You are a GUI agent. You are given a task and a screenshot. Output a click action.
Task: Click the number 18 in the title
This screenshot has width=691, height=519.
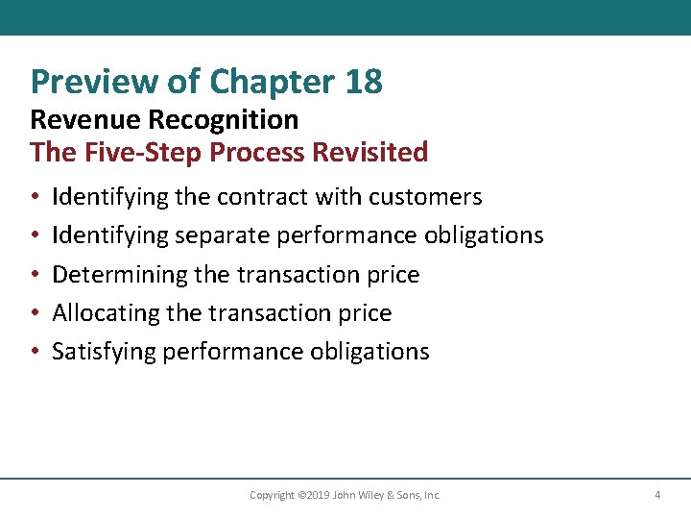(362, 82)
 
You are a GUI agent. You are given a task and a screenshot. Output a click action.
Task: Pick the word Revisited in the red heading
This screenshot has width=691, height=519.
(375, 152)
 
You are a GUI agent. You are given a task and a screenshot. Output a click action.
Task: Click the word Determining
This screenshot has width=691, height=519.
(119, 275)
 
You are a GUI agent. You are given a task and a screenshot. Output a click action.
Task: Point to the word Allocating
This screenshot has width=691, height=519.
(107, 313)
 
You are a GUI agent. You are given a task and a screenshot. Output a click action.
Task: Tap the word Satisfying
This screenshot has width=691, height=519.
(105, 352)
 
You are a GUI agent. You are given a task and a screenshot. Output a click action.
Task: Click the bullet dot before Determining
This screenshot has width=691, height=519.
(35, 275)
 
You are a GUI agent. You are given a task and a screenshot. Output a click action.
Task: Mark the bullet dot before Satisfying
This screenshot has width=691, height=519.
(35, 352)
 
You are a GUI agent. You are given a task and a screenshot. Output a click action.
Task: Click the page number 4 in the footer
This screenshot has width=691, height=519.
(657, 495)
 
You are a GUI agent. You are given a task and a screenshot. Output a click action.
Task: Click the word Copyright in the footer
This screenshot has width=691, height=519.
(272, 495)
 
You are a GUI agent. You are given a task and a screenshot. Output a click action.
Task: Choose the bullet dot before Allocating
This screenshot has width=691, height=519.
(35, 313)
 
